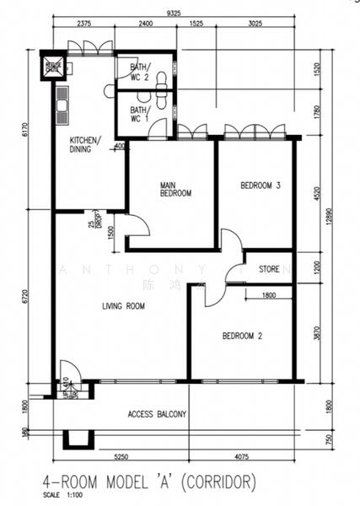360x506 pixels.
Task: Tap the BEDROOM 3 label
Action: (260, 186)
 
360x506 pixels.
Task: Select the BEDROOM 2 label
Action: (242, 336)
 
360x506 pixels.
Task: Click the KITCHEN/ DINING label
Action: (85, 144)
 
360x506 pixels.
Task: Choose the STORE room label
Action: (269, 271)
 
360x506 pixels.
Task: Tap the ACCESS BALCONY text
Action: (157, 414)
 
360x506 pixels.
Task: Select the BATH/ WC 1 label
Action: (139, 114)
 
